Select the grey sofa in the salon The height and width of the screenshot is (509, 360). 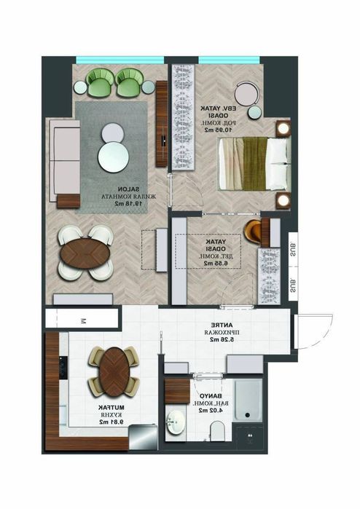pos(66,156)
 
